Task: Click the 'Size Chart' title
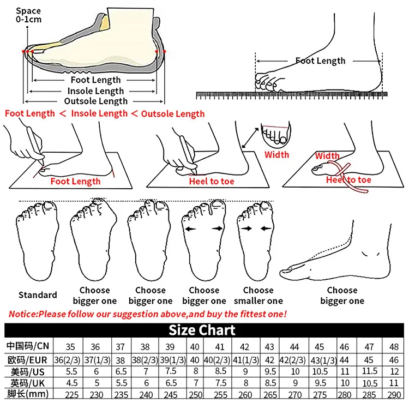202,330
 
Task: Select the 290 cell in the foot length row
394,394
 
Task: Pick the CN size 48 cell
394,346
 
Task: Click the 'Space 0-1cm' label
28,15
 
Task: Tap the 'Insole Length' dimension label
95,91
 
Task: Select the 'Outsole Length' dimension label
95,101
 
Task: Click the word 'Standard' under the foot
38,295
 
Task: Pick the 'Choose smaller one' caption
258,296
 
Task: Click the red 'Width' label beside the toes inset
276,155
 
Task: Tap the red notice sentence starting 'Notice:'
147,314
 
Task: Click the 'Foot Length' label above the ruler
320,61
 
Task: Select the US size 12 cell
394,371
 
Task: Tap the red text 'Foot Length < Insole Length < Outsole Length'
105,113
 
